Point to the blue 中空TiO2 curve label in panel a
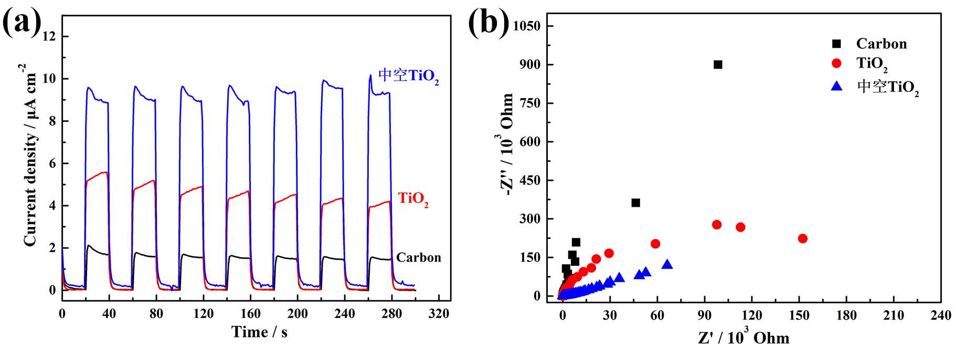coord(408,76)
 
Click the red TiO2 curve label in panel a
coord(413,199)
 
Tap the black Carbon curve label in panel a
coord(418,257)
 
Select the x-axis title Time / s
coord(260,332)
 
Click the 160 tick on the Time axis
coord(250,314)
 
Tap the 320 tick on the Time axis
coord(439,314)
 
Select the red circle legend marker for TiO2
coord(836,63)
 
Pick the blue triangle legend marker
coord(836,86)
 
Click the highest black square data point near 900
coord(718,65)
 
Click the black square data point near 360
coord(635,203)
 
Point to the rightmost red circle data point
coord(802,238)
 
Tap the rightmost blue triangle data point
coord(667,264)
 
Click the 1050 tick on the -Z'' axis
coord(526,26)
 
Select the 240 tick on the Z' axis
coord(940,315)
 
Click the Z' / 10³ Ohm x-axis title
coord(743,337)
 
